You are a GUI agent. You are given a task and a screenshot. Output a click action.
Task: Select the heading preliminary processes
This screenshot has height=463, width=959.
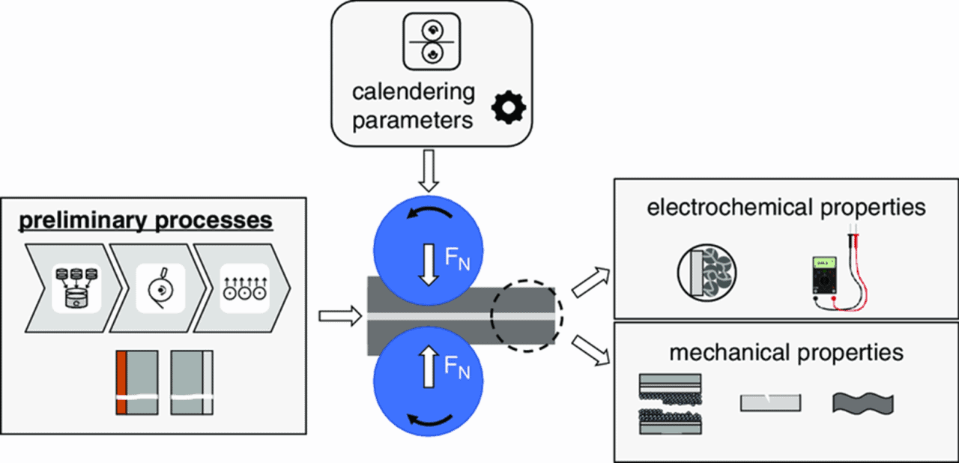(x=145, y=220)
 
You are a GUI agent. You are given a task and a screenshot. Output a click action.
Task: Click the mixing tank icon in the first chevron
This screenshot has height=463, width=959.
(x=73, y=287)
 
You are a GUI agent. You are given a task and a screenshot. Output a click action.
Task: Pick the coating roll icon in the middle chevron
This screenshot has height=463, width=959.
(x=158, y=287)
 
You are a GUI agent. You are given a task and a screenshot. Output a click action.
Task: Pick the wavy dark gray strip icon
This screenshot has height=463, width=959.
(x=862, y=403)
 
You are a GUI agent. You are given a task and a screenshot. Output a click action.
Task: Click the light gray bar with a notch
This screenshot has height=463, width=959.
(x=770, y=402)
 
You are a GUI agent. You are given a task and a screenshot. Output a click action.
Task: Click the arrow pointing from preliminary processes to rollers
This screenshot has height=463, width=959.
(x=336, y=317)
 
